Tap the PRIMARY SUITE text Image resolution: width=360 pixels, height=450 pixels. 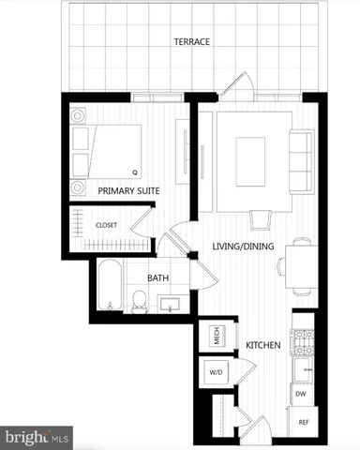128,190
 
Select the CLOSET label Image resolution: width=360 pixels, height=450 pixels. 106,225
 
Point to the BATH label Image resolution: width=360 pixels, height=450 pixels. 157,277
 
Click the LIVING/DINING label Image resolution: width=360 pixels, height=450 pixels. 242,247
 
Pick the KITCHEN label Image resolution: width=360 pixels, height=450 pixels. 263,346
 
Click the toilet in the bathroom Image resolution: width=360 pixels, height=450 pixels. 139,299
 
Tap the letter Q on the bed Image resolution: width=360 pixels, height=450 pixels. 134,172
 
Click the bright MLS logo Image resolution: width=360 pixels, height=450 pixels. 37,437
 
